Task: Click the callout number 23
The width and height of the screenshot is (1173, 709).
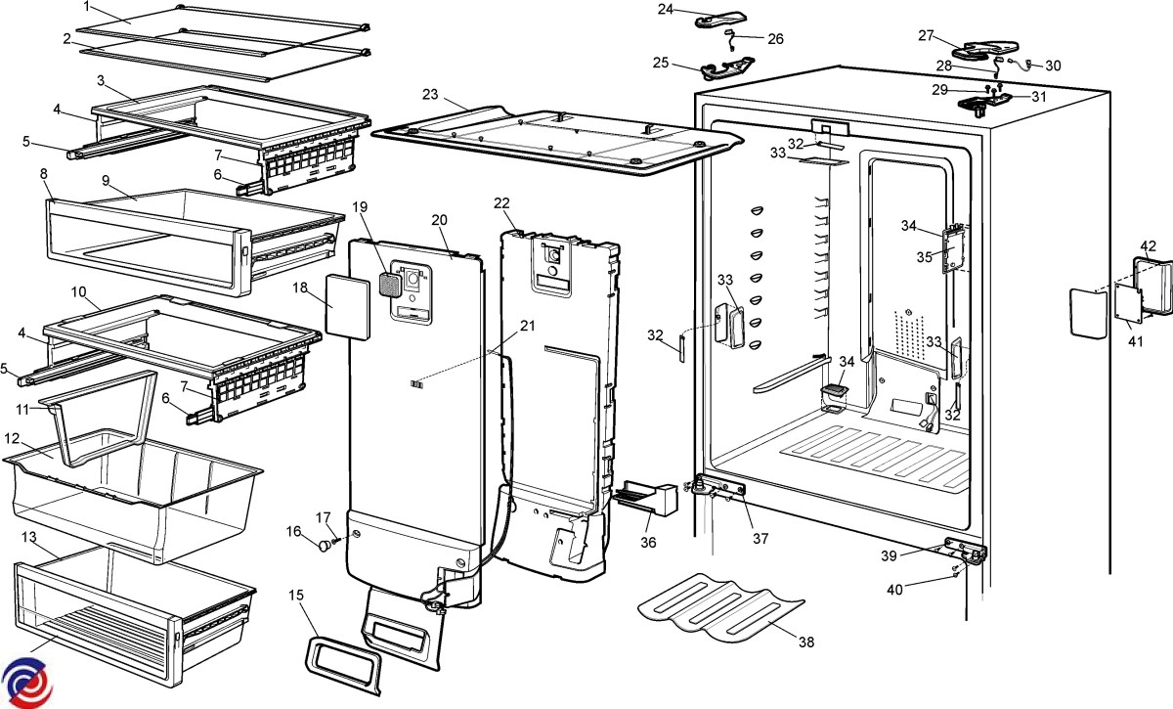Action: [x=430, y=94]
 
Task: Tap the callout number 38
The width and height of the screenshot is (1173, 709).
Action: [x=805, y=642]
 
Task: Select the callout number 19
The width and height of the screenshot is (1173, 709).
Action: [x=360, y=206]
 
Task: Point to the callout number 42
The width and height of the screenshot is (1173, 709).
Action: [x=1149, y=245]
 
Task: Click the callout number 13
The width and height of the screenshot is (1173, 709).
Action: [x=28, y=538]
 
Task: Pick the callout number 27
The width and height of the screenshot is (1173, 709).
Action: [x=927, y=35]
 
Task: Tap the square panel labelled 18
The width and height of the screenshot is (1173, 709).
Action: [x=347, y=305]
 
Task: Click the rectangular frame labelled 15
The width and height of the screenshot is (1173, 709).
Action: [x=342, y=665]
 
